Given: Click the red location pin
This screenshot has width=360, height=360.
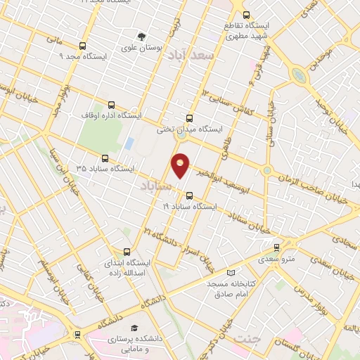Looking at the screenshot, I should click(181, 165).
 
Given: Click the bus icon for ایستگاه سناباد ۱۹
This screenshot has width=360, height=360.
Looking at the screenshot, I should click(188, 195).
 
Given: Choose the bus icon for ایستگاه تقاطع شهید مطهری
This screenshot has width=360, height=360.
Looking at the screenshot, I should click(245, 14).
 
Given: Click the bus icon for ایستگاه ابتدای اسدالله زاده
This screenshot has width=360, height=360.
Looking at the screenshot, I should click(127, 251).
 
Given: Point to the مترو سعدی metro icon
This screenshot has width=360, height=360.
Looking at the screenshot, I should click(276, 247).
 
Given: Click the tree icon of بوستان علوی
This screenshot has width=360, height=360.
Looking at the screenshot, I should click(142, 36).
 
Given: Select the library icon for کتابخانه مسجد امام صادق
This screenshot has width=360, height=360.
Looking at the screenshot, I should click(231, 273).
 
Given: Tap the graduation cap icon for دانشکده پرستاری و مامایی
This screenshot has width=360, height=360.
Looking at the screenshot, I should click(134, 328).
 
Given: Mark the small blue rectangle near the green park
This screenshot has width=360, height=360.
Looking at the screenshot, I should click(129, 143).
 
